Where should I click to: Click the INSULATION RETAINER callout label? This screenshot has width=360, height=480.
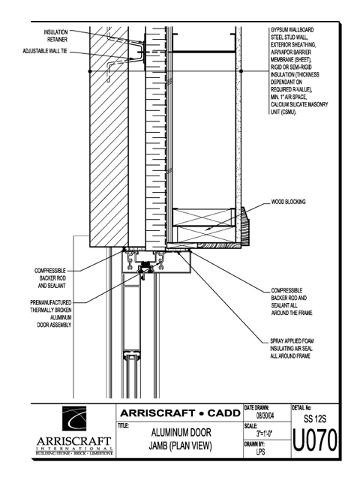point(55,36)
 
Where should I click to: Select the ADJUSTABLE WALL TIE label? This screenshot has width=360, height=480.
point(45,51)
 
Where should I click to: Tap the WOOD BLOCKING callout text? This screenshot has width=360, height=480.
point(288,202)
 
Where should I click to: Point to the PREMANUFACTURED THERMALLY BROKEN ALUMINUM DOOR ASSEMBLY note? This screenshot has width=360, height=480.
point(51,313)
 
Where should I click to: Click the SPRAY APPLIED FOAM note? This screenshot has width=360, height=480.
point(292,348)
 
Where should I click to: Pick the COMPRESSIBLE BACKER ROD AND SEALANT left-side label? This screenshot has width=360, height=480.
point(50,278)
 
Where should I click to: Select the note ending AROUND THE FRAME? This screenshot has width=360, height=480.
point(292,301)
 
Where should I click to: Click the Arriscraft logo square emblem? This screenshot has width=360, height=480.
point(74,418)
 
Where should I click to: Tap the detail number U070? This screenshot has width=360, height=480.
point(315,440)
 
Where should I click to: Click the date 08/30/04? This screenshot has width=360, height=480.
point(265,416)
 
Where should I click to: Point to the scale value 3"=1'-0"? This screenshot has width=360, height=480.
point(265,433)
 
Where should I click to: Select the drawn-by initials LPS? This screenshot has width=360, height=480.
point(260,451)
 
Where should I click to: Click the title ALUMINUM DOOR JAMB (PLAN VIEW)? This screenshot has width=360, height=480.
point(181,439)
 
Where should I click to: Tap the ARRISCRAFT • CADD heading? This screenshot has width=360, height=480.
point(180,413)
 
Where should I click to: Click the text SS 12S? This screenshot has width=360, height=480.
point(315,418)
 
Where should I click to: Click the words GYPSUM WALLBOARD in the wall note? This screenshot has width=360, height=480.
point(292,30)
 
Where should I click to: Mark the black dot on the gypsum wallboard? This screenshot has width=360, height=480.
point(241,71)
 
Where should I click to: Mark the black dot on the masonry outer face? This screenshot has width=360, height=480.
point(90,71)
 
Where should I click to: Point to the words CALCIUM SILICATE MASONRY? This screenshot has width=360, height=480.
point(299,104)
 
